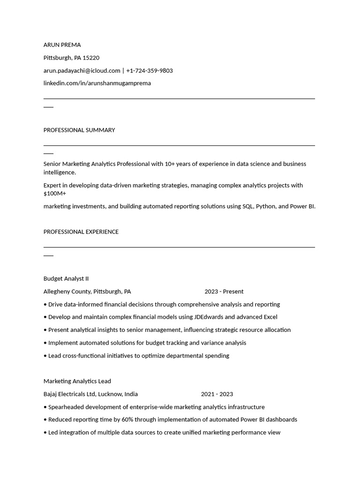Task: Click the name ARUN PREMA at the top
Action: tap(62, 45)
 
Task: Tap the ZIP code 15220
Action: tap(91, 58)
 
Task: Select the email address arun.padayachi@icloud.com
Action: tap(82, 71)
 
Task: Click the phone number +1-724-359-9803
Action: tap(149, 71)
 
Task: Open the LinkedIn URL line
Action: tap(97, 83)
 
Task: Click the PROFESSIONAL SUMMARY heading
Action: tap(79, 130)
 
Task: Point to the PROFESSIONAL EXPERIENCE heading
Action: tap(81, 232)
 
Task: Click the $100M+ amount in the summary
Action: tap(55, 194)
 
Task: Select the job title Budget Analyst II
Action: tap(66, 279)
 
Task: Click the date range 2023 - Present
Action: tap(224, 292)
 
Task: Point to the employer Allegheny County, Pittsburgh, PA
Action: tap(87, 292)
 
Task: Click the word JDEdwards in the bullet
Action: tap(209, 317)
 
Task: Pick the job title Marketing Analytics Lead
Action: tap(77, 382)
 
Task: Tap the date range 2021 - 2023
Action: tap(217, 394)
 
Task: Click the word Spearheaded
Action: tap(68, 407)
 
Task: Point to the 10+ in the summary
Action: tap(169, 164)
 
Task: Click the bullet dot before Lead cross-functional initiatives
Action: tap(45, 356)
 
